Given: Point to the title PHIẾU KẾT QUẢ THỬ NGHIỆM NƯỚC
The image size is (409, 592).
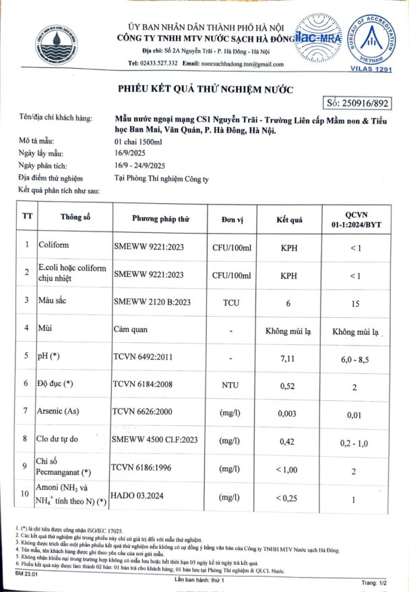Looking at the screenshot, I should click(x=207, y=88).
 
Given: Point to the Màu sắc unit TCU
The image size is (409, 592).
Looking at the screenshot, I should click(x=231, y=303).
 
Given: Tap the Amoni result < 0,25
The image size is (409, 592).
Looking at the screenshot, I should click(x=289, y=499).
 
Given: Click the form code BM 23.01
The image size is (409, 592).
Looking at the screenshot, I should click(x=27, y=573).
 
